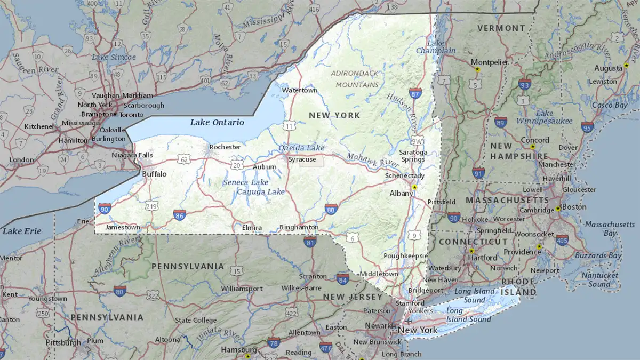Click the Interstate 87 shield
(415, 93)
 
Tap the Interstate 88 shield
(331, 209)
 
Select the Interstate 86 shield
(180, 215)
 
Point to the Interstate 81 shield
(310, 242)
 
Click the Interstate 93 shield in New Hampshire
(525, 84)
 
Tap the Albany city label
(401, 193)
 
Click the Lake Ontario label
(217, 122)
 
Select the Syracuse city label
(302, 159)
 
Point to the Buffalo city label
(154, 174)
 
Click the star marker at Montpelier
(478, 69)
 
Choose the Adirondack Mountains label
(355, 78)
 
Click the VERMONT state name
(501, 28)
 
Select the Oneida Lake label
(301, 148)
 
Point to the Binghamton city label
(299, 227)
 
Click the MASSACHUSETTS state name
(507, 200)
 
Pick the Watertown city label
(299, 90)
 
